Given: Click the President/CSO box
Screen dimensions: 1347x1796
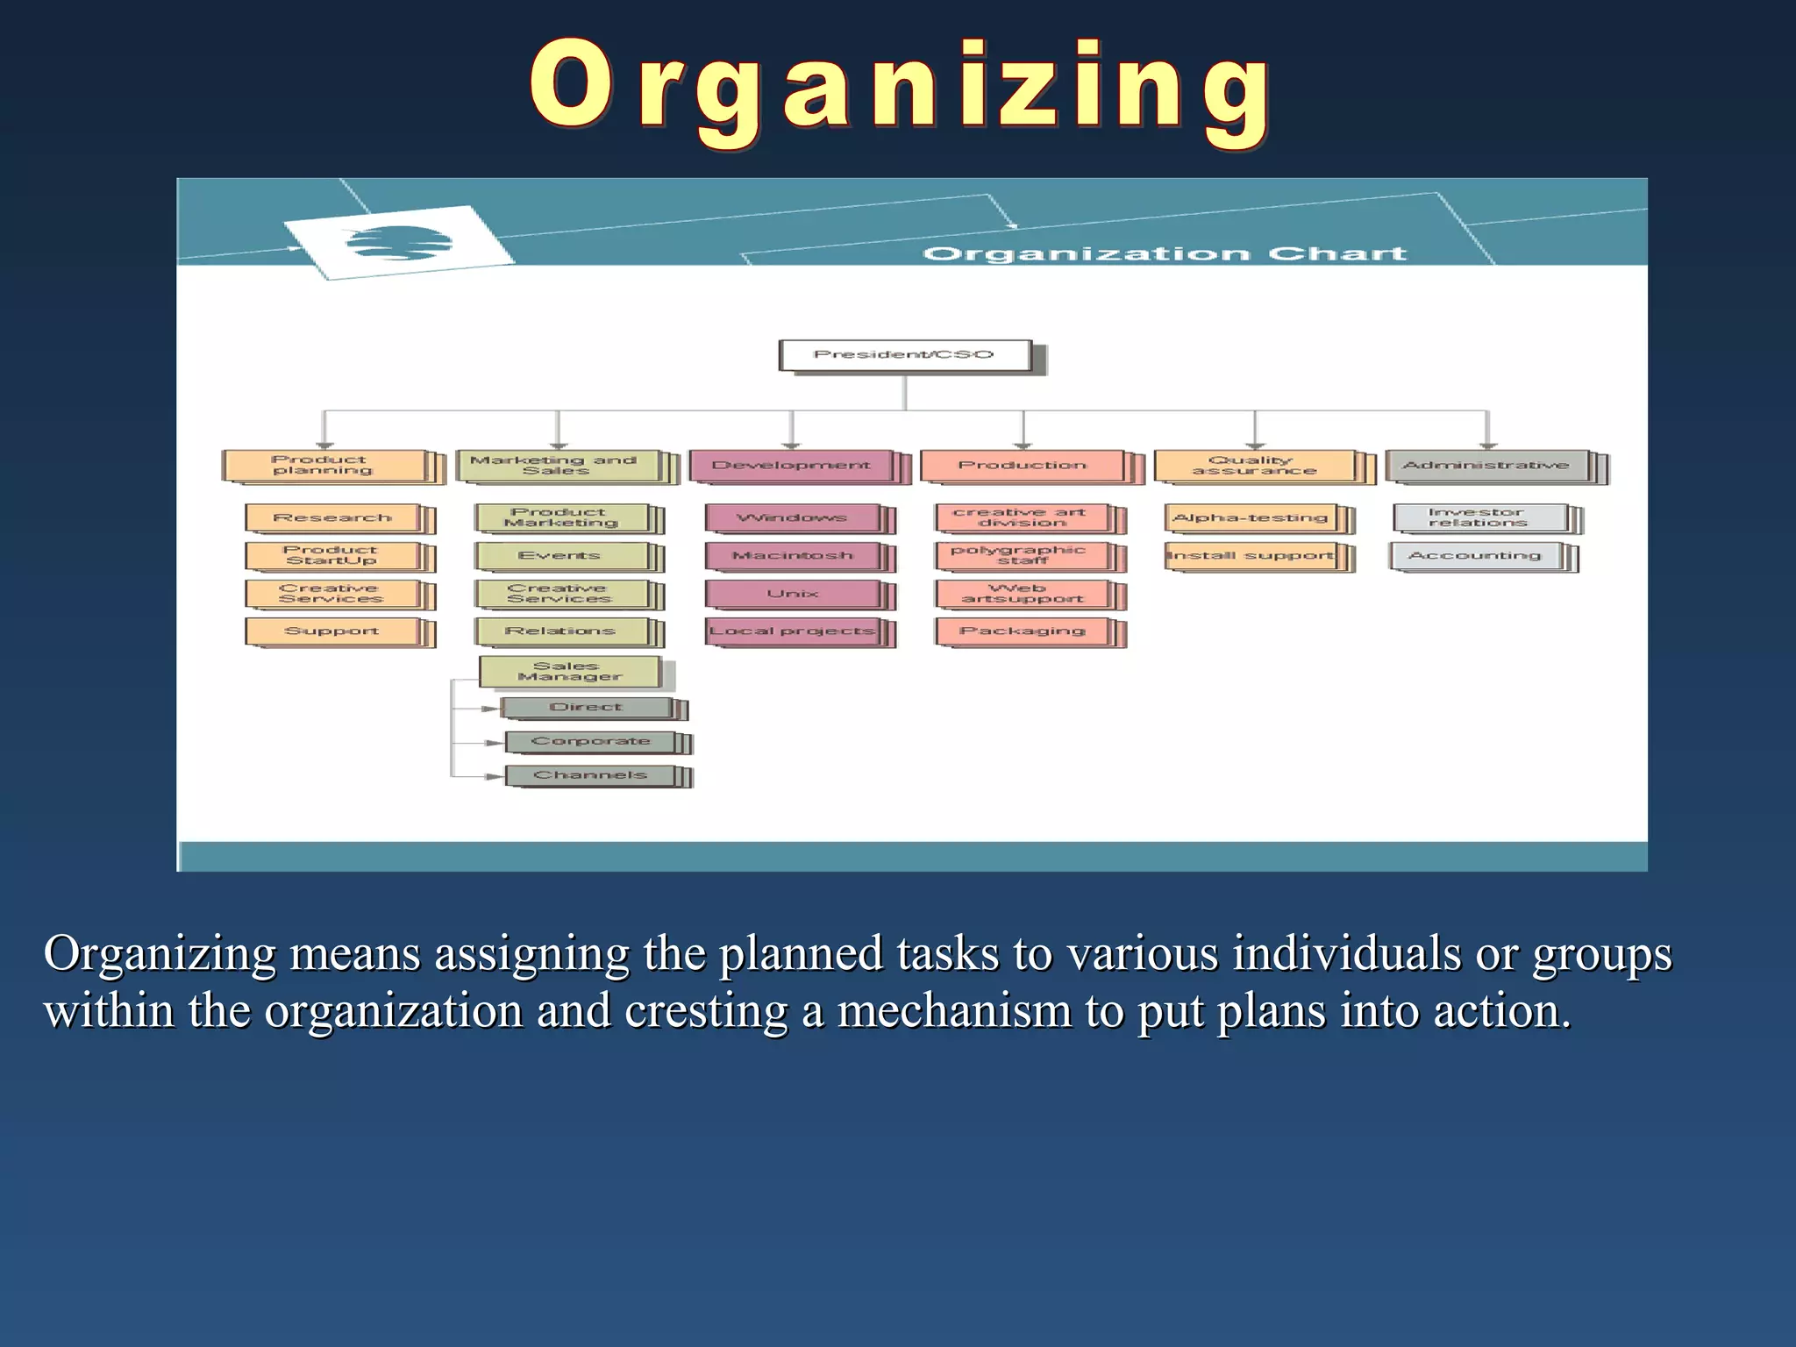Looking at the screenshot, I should tap(904, 355).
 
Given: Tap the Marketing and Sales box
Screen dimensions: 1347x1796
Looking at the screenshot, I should tap(556, 466).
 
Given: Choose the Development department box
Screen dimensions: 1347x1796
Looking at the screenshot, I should tap(791, 466).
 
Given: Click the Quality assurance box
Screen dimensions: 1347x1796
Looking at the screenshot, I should tap(1254, 466).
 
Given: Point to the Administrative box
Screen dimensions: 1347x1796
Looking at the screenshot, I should tap(1486, 466).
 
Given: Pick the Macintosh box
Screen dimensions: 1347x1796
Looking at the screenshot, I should tap(792, 556).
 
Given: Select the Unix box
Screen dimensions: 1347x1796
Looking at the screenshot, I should tap(792, 594).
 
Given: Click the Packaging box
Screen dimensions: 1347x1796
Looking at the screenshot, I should tap(1022, 631).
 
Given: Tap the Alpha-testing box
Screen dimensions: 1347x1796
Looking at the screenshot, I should tap(1251, 518).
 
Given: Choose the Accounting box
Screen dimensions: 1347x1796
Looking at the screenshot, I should tap(1475, 556).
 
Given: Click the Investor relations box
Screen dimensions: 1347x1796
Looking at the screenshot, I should tap(1479, 517).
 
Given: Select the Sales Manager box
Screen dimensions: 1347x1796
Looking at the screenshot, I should tap(569, 672).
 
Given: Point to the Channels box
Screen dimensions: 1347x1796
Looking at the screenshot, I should tap(590, 775).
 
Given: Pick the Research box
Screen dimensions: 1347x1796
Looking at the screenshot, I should tap(332, 518).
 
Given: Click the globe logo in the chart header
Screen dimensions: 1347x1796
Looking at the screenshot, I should tap(399, 243).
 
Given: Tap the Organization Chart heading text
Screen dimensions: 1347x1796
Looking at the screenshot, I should tap(1165, 254).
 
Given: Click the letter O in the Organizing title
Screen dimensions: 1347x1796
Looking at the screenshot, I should tap(570, 85).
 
